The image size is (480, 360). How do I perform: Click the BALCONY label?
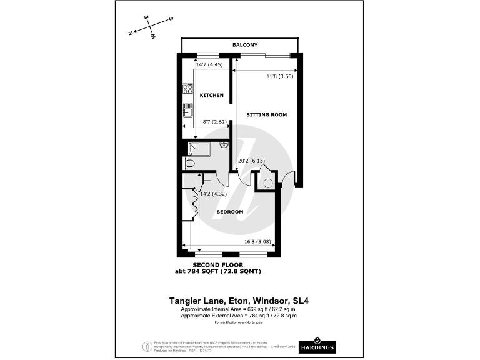pos(245,46)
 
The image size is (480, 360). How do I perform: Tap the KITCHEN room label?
pos(211,95)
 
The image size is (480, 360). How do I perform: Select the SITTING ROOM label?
pos(266,114)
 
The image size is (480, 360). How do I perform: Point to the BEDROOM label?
pos(229,212)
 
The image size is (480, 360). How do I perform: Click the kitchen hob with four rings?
pos(186,90)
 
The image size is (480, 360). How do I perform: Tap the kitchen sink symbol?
pos(186,111)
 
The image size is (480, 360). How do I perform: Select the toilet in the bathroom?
pos(190,164)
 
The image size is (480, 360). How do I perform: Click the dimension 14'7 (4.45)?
pos(209,64)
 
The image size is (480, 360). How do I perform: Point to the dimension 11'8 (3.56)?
pos(279,76)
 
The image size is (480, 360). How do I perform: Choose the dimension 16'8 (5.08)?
pos(257,241)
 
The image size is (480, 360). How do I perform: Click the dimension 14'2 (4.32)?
pos(212,193)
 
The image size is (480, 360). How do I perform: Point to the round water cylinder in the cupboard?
pos(267,183)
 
